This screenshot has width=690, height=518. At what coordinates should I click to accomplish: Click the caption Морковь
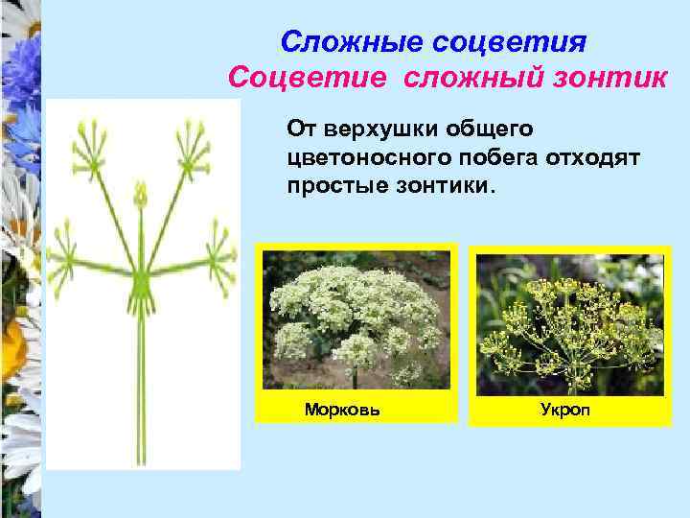coord(342,410)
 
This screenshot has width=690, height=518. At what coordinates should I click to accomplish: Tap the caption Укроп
coord(564,410)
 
